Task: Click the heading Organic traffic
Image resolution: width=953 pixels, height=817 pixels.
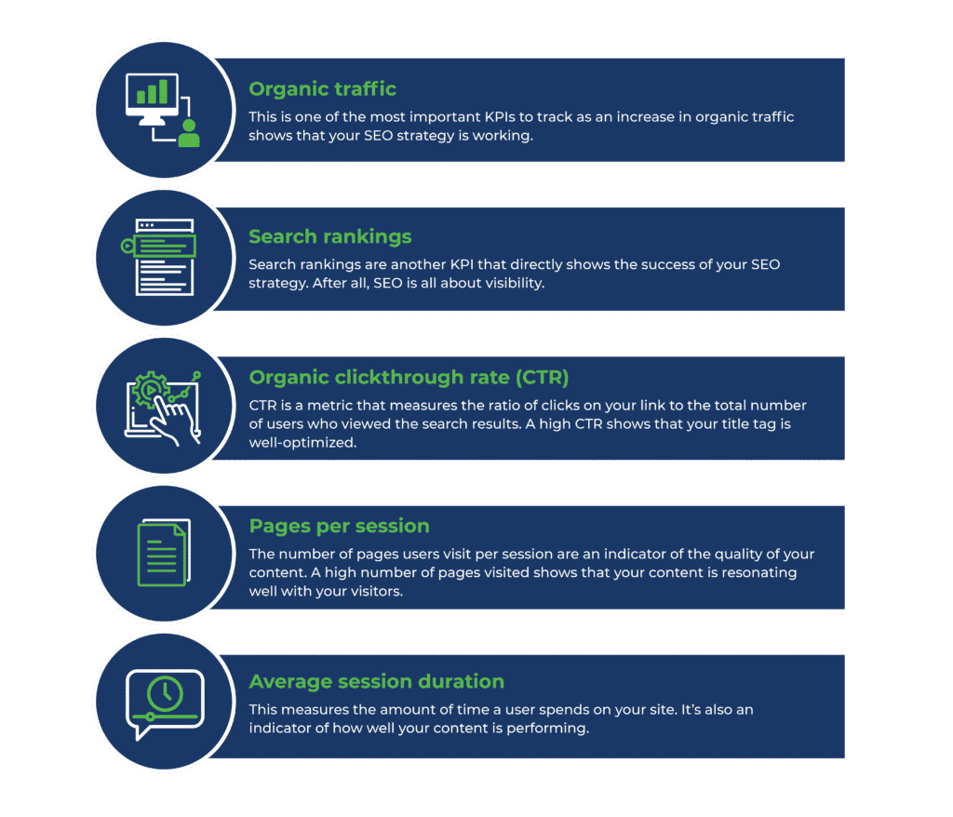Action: [322, 89]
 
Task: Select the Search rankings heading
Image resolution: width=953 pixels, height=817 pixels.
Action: [329, 236]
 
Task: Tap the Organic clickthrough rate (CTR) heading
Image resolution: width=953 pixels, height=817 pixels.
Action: [409, 377]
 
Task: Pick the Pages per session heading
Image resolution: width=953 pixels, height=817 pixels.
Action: [339, 526]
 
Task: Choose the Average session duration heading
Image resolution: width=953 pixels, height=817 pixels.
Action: [376, 681]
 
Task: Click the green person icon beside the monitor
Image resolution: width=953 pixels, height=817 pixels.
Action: [189, 132]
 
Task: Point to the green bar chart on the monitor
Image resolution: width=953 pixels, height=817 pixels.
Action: [152, 91]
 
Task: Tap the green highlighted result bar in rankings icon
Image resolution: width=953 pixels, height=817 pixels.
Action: [164, 246]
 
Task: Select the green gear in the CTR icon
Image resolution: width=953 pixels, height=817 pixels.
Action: [148, 389]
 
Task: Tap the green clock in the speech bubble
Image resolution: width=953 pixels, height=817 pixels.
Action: [165, 691]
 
